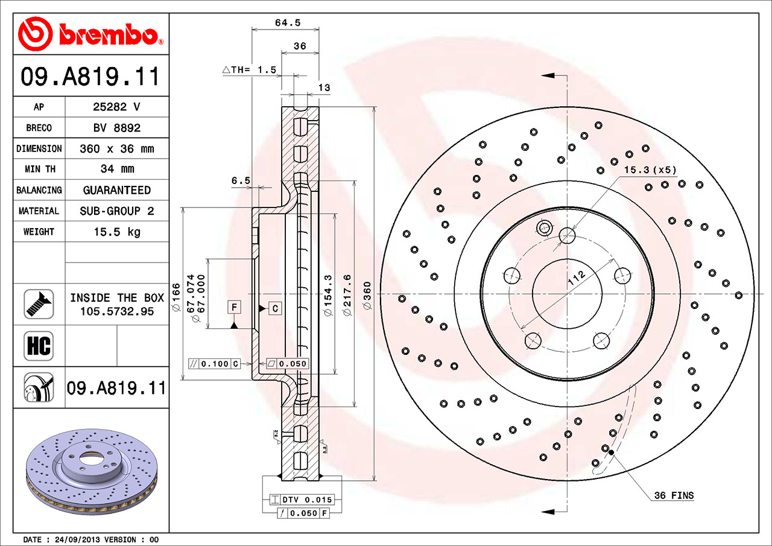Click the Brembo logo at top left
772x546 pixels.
pos(90,33)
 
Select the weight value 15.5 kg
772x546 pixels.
pos(116,232)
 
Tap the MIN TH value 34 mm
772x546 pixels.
pos(116,169)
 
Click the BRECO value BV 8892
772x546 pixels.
pos(116,128)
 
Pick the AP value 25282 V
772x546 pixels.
pos(116,107)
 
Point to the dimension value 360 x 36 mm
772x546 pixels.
pos(116,148)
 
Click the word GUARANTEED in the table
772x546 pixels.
pos(116,190)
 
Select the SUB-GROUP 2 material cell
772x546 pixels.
pos(116,211)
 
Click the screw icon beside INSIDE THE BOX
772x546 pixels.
pos(39,304)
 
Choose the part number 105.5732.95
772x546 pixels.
pos(116,311)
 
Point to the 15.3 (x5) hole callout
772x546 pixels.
pos(650,170)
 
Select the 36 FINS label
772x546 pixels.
pos(674,496)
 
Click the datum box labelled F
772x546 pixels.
pos(234,307)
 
